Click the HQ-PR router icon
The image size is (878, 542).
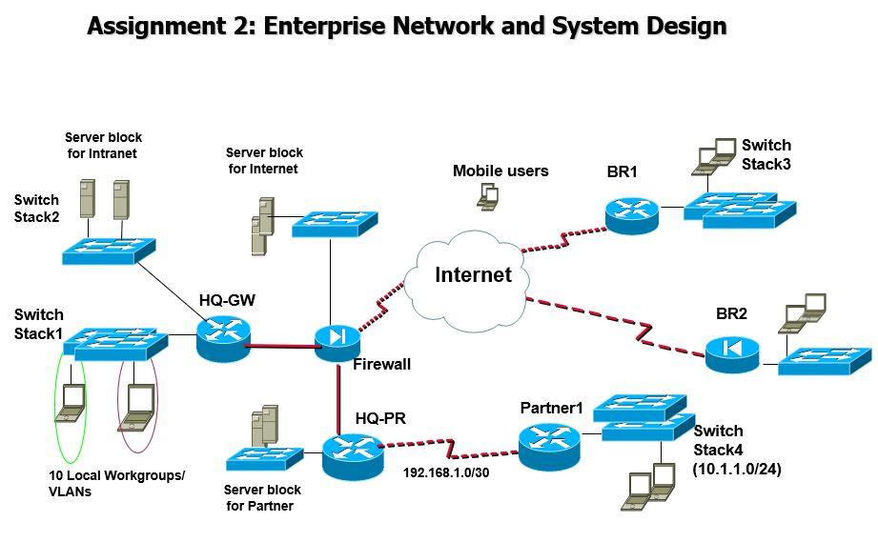pos(350,454)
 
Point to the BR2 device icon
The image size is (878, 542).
pos(732,353)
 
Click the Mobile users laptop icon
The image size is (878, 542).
pos(488,197)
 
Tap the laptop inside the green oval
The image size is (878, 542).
pos(71,403)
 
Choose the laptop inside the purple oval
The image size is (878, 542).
pos(137,404)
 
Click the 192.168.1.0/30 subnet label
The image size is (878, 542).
pos(445,472)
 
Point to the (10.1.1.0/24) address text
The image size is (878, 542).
pos(737,469)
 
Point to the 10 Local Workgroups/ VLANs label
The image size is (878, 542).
pos(116,483)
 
